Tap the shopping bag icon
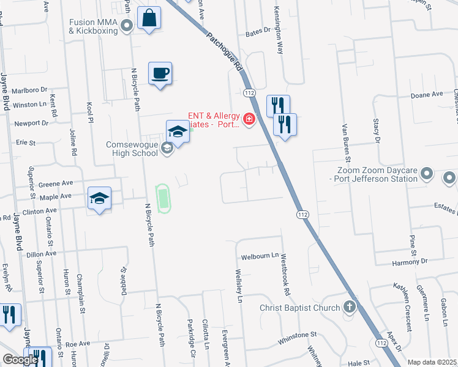149,18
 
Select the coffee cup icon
160,74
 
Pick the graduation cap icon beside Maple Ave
99,199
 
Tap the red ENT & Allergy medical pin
249,119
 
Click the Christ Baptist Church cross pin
350,307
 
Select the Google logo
20,360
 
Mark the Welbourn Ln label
260,256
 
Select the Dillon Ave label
42,253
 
